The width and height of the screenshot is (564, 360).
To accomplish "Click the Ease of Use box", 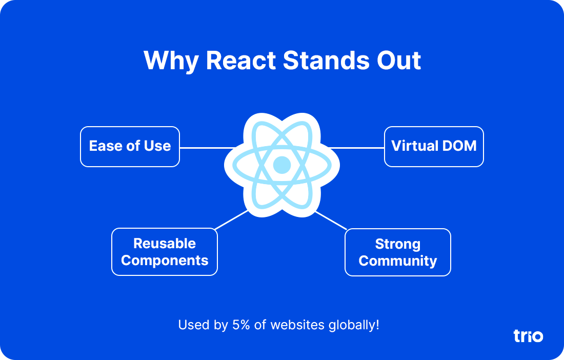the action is click(130, 147).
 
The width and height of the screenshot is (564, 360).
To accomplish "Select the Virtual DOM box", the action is click(434, 147).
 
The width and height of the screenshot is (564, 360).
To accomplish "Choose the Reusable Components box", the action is click(165, 252).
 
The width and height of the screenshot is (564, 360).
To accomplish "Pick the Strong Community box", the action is click(397, 252).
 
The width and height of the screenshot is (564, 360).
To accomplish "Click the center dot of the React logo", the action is click(282, 165).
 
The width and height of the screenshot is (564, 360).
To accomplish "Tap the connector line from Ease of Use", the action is click(205, 148).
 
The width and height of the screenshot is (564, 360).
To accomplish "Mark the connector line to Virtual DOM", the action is click(356, 148).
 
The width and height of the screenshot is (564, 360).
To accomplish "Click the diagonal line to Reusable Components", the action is click(231, 220).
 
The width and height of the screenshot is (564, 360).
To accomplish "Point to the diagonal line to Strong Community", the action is click(331, 220).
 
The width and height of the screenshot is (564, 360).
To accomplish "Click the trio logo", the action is click(528, 336).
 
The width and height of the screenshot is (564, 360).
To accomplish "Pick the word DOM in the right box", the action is click(460, 146).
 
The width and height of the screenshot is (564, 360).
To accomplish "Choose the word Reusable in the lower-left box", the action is click(165, 243).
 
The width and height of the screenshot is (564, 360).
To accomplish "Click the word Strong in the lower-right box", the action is click(397, 244).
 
